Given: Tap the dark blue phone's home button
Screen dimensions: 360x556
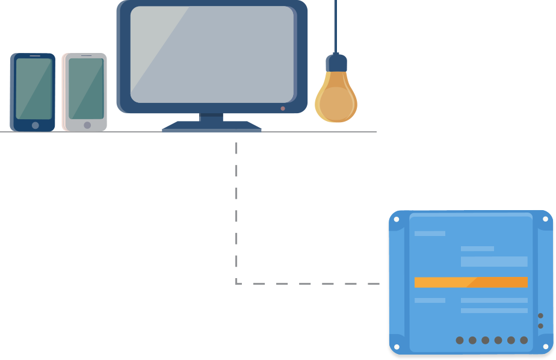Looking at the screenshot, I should click(35, 125).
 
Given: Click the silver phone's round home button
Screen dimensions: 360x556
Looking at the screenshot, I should click(87, 125).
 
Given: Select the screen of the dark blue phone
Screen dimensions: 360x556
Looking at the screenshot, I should click(34, 88).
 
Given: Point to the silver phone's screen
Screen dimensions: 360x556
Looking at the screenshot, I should click(86, 88).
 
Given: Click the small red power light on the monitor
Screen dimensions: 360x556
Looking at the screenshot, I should click(283, 108).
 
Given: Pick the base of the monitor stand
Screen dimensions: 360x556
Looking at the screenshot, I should click(212, 126).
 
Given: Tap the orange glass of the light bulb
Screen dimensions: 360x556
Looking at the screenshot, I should click(336, 99).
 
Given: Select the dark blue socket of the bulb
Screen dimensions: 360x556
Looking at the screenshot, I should click(336, 63).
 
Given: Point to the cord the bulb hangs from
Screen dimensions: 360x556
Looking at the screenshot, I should click(335, 24).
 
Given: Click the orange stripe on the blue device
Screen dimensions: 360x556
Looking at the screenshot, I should click(471, 282).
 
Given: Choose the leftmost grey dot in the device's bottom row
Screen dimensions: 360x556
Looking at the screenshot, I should click(460, 340).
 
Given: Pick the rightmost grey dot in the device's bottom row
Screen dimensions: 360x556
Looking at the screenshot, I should click(524, 340).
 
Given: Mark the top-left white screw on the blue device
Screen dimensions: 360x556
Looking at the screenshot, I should click(397, 219).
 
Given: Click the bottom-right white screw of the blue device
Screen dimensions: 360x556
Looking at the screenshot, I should click(546, 347).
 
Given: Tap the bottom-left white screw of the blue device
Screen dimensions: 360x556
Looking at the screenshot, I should click(397, 347).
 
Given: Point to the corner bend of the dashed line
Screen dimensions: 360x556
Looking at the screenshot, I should click(237, 283).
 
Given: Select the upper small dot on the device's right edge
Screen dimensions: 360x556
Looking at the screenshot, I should click(540, 315).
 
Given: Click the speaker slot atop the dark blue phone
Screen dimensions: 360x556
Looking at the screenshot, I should click(35, 56).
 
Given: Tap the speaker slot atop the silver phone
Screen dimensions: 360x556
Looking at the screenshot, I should click(87, 56).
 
